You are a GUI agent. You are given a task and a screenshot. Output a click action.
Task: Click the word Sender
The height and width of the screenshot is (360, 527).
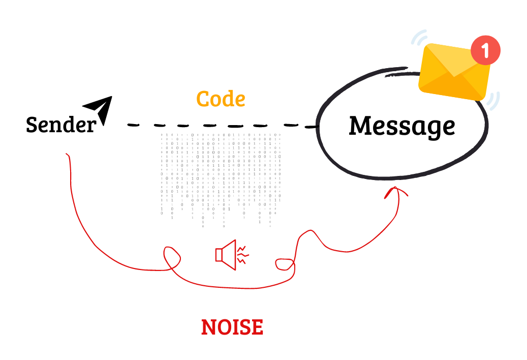click(61, 125)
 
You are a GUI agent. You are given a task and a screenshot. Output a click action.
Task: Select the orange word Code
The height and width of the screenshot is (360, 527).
click(221, 99)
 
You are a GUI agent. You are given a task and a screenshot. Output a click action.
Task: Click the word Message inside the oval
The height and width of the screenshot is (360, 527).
click(402, 127)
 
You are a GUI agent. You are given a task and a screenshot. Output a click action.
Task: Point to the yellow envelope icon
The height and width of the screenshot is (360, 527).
click(454, 72)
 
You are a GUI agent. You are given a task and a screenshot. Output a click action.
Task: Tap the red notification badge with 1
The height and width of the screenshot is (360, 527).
click(485, 50)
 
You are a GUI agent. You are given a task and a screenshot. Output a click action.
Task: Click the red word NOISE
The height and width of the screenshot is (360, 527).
click(232, 327)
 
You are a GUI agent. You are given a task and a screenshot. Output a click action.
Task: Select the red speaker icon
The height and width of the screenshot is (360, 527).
click(226, 254)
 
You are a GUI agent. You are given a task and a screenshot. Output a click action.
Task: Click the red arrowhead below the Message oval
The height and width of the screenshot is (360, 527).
click(396, 192)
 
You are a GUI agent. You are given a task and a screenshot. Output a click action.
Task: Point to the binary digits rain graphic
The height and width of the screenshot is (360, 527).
click(221, 180)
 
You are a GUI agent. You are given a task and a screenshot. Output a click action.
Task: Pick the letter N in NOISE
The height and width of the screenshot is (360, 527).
click(209, 327)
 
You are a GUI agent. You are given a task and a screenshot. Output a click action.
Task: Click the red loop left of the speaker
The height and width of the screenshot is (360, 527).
click(172, 258)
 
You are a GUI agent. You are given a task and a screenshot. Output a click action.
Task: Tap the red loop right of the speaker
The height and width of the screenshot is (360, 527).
click(285, 264)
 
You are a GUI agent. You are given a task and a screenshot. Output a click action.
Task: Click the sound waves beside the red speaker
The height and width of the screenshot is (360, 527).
click(243, 255)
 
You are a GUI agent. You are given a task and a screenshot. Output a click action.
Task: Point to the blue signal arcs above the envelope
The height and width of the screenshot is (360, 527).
click(419, 37)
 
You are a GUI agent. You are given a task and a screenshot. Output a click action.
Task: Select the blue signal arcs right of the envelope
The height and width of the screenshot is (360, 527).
click(494, 101)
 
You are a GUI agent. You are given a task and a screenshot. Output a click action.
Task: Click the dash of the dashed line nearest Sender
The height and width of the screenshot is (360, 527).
click(134, 125)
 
